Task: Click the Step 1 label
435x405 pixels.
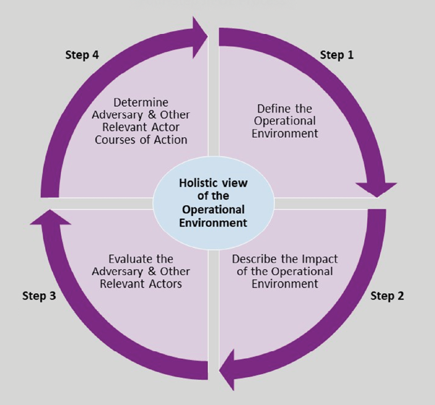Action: tap(337, 54)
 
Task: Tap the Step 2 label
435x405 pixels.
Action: tap(387, 295)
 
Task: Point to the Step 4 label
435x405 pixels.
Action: tap(82, 54)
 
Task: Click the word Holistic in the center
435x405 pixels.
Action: tap(196, 183)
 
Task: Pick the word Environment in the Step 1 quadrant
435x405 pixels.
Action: tap(285, 133)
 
